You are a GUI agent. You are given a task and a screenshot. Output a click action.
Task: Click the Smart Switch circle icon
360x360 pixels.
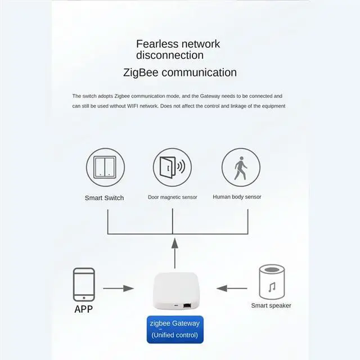coord(105,167)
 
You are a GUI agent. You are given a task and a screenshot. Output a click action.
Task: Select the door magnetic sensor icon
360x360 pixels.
coord(172,168)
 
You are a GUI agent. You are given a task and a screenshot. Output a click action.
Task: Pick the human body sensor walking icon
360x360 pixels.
coord(240,167)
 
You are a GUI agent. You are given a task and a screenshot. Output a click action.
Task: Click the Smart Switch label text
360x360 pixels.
coord(104,198)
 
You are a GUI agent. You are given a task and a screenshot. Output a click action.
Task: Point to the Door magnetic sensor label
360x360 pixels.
coord(172,197)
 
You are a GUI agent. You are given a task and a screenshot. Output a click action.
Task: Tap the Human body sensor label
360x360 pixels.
coord(237,197)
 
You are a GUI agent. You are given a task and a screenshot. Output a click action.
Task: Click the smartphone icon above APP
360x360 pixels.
coord(84,284)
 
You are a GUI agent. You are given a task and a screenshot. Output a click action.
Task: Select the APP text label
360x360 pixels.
coord(84,309)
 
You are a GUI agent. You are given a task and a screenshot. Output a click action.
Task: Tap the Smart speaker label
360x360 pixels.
coord(271,305)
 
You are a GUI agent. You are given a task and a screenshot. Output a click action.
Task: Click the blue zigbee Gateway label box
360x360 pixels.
coord(174,329)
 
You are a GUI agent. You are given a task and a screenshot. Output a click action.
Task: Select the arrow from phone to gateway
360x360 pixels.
coord(119,289)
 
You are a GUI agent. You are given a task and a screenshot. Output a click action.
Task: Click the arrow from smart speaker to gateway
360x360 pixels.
coord(232,288)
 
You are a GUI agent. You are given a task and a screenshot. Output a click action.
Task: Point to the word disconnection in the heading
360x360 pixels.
coord(169,55)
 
